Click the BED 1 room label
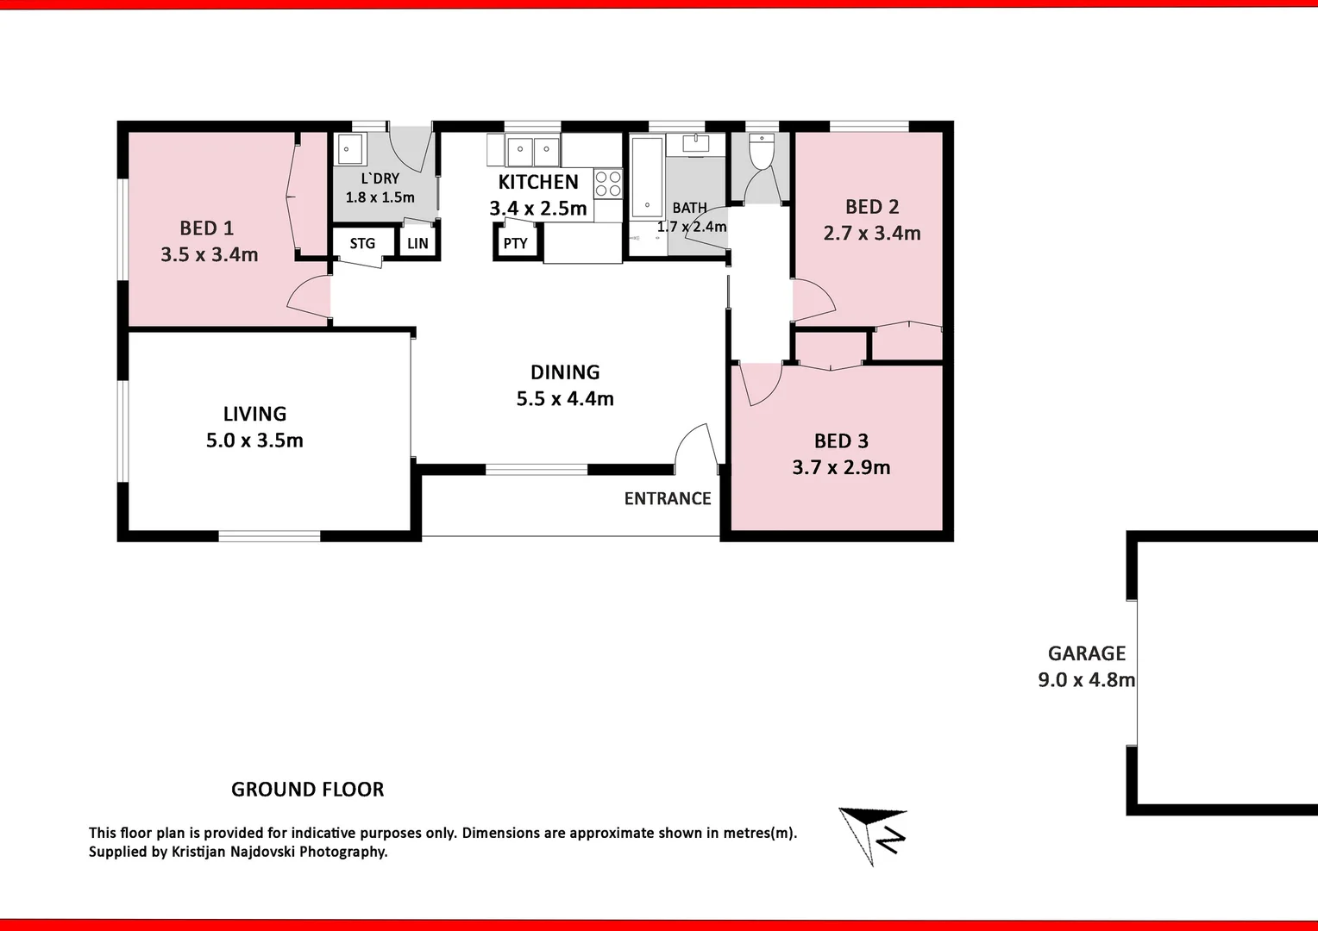[x=206, y=228]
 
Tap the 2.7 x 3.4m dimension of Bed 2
[x=872, y=234]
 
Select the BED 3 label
[x=841, y=441]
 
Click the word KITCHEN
[x=538, y=182]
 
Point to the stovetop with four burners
[x=608, y=184]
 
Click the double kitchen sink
[x=532, y=151]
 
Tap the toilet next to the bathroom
[x=762, y=151]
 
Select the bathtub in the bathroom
[x=647, y=178]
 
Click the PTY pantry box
[x=516, y=243]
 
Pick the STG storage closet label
[x=362, y=243]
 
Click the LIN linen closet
[x=417, y=243]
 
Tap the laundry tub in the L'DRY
[x=349, y=149]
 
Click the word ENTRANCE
[x=668, y=499]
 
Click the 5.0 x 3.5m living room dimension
[x=254, y=441]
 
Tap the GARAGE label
[x=1086, y=653]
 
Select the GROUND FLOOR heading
[x=307, y=790]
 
